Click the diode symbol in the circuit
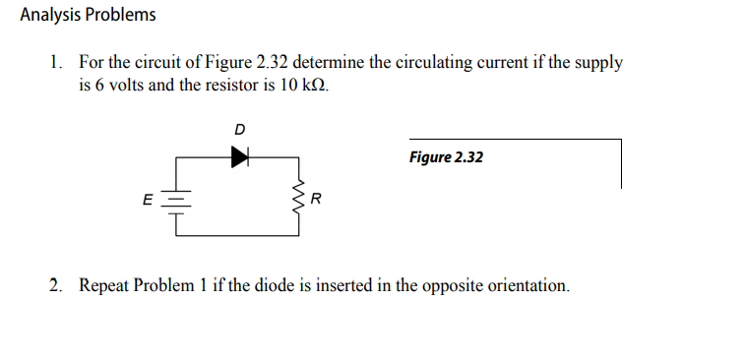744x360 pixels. (239, 155)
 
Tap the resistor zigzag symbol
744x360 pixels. (299, 200)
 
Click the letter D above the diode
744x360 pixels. (240, 128)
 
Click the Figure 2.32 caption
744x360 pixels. (446, 157)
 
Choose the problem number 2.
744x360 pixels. (55, 286)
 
